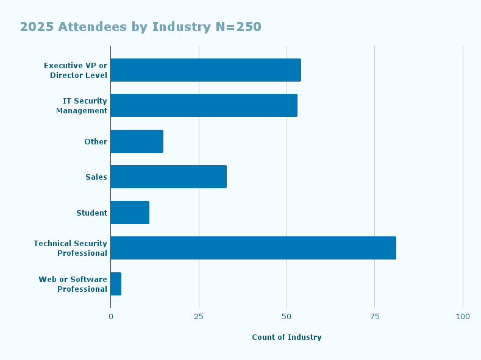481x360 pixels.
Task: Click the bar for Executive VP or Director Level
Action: pos(205,70)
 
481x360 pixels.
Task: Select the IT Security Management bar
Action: pos(204,105)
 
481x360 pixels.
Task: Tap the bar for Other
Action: pos(137,141)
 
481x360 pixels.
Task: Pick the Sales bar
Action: pos(168,177)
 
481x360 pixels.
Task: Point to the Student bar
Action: pos(130,213)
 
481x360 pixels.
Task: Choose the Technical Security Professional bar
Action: pos(253,248)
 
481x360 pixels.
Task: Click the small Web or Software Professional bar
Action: pos(116,284)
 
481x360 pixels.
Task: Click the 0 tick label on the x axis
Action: pos(110,317)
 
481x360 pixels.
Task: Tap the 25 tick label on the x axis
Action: pos(199,317)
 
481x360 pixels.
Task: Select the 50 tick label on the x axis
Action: pos(287,317)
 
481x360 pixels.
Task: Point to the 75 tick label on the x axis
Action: pos(374,317)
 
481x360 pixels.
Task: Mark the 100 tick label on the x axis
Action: pos(463,317)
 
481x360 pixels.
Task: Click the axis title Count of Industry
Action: pos(287,337)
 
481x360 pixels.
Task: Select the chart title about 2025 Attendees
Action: pos(140,27)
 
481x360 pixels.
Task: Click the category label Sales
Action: pos(96,177)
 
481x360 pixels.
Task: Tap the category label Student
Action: pos(91,213)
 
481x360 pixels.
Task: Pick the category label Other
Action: pos(96,142)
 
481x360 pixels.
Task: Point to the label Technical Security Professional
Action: pos(70,248)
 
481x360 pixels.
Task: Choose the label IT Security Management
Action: pos(82,105)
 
